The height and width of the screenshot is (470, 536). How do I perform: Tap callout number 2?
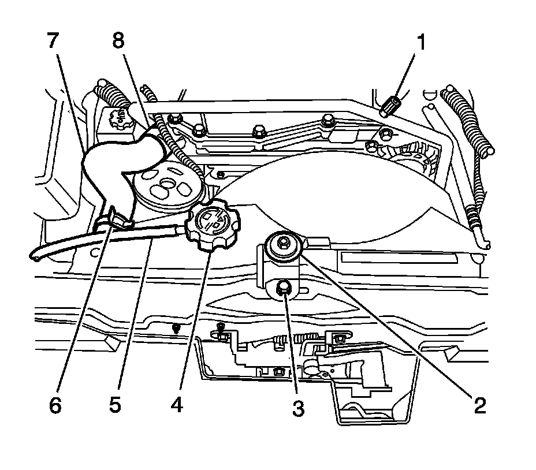[479, 405]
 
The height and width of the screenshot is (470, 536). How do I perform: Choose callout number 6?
[54, 405]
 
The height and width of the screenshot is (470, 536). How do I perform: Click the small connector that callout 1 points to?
[391, 105]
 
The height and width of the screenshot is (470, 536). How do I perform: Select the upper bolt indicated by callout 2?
[284, 245]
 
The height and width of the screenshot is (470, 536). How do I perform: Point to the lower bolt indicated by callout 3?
[284, 287]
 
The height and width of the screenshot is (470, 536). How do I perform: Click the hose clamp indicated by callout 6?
[118, 218]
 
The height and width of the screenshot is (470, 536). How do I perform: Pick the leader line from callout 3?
[292, 346]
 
